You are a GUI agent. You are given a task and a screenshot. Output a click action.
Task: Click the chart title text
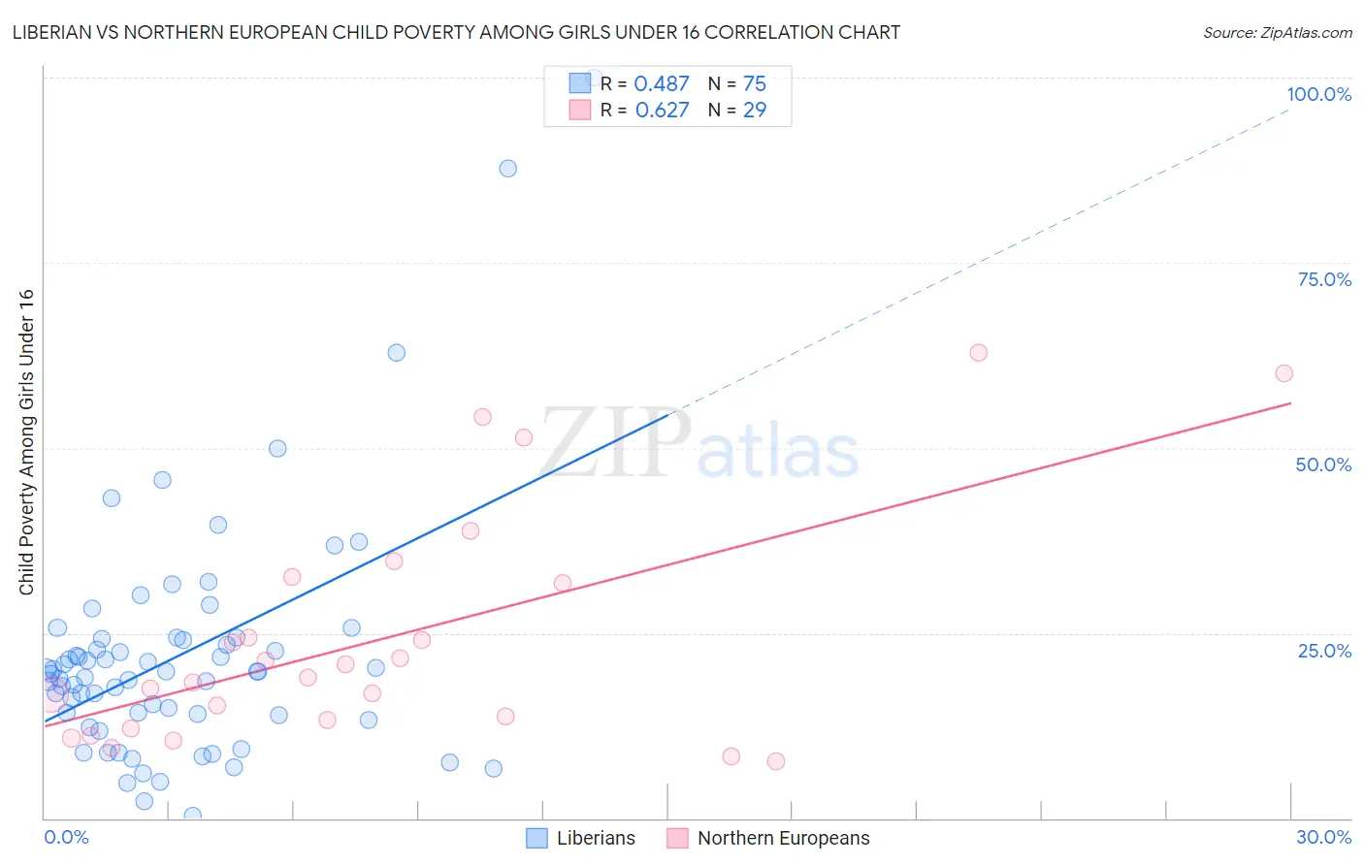pyautogui.click(x=456, y=32)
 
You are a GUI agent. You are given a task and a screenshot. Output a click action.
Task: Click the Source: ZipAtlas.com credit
pyautogui.click(x=1277, y=32)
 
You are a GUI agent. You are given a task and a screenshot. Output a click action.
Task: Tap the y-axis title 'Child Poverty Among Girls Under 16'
pyautogui.click(x=26, y=442)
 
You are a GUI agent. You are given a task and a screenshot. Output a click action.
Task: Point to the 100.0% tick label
pyautogui.click(x=1318, y=94)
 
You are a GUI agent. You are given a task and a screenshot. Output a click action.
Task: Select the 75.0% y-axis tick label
pyautogui.click(x=1324, y=279)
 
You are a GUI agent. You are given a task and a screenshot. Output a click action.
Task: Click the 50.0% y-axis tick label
pyautogui.click(x=1323, y=465)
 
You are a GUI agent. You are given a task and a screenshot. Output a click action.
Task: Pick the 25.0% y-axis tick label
pyautogui.click(x=1324, y=651)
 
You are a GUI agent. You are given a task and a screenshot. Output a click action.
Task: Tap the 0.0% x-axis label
pyautogui.click(x=66, y=837)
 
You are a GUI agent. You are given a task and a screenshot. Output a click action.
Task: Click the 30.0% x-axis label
pyautogui.click(x=1323, y=837)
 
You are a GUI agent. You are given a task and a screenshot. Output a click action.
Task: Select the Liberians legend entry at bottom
pyautogui.click(x=581, y=838)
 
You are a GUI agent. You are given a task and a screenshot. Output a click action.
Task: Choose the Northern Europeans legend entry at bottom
pyautogui.click(x=769, y=838)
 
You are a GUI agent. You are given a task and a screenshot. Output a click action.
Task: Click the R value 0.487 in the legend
pyautogui.click(x=661, y=84)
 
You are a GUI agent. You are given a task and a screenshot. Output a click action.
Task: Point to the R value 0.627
pyautogui.click(x=662, y=111)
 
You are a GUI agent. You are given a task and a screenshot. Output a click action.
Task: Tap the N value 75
pyautogui.click(x=754, y=84)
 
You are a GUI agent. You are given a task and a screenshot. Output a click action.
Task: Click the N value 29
pyautogui.click(x=754, y=111)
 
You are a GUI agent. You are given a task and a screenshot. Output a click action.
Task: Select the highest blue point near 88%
pyautogui.click(x=507, y=169)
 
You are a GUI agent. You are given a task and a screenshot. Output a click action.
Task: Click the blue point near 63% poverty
pyautogui.click(x=396, y=353)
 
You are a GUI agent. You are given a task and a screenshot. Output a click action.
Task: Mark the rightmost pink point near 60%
pyautogui.click(x=1283, y=373)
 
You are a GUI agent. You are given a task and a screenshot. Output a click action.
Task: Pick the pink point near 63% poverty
pyautogui.click(x=978, y=353)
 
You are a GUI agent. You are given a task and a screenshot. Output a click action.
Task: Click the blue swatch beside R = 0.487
pyautogui.click(x=580, y=83)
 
